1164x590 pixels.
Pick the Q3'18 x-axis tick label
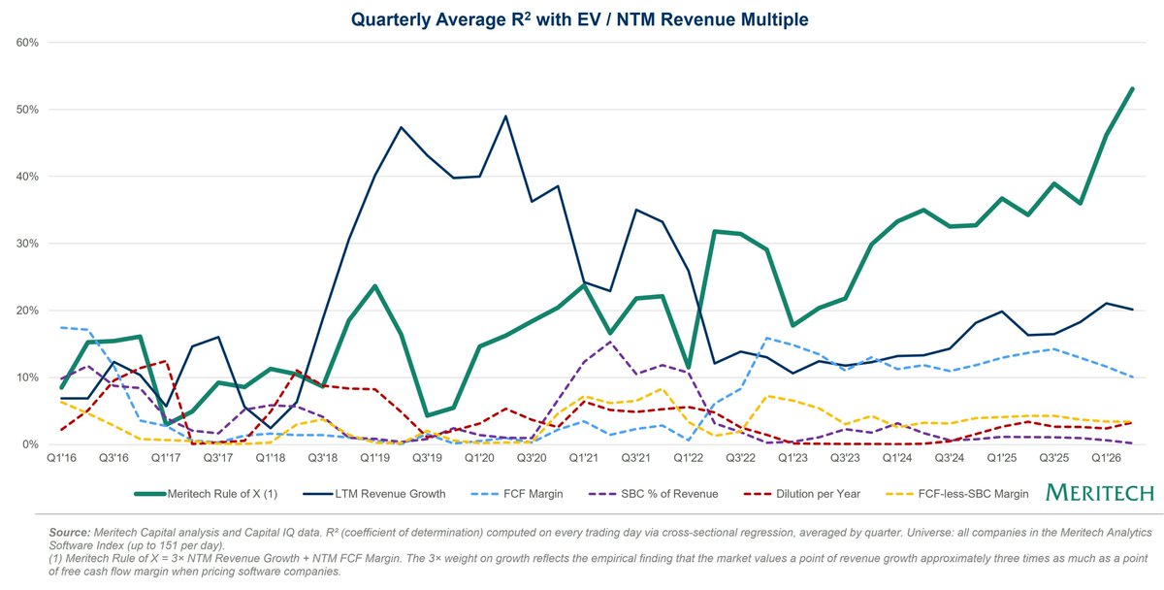tap(322, 457)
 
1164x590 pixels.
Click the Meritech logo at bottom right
tap(1099, 493)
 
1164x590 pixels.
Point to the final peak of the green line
tap(1133, 88)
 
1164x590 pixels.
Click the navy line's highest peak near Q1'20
tap(505, 116)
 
